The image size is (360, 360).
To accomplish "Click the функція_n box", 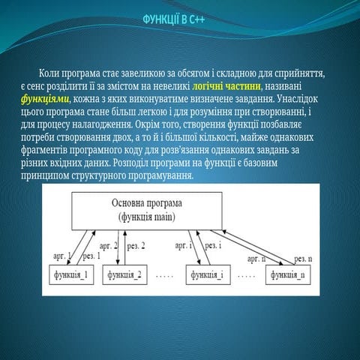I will [288, 275].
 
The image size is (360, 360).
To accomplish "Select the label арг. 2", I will [110, 245].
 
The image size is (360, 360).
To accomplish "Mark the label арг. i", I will [184, 244].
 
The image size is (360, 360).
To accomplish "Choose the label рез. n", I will [303, 256].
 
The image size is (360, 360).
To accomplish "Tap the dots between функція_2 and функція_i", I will [166, 276].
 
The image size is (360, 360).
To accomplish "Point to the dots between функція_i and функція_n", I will [247, 276].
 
